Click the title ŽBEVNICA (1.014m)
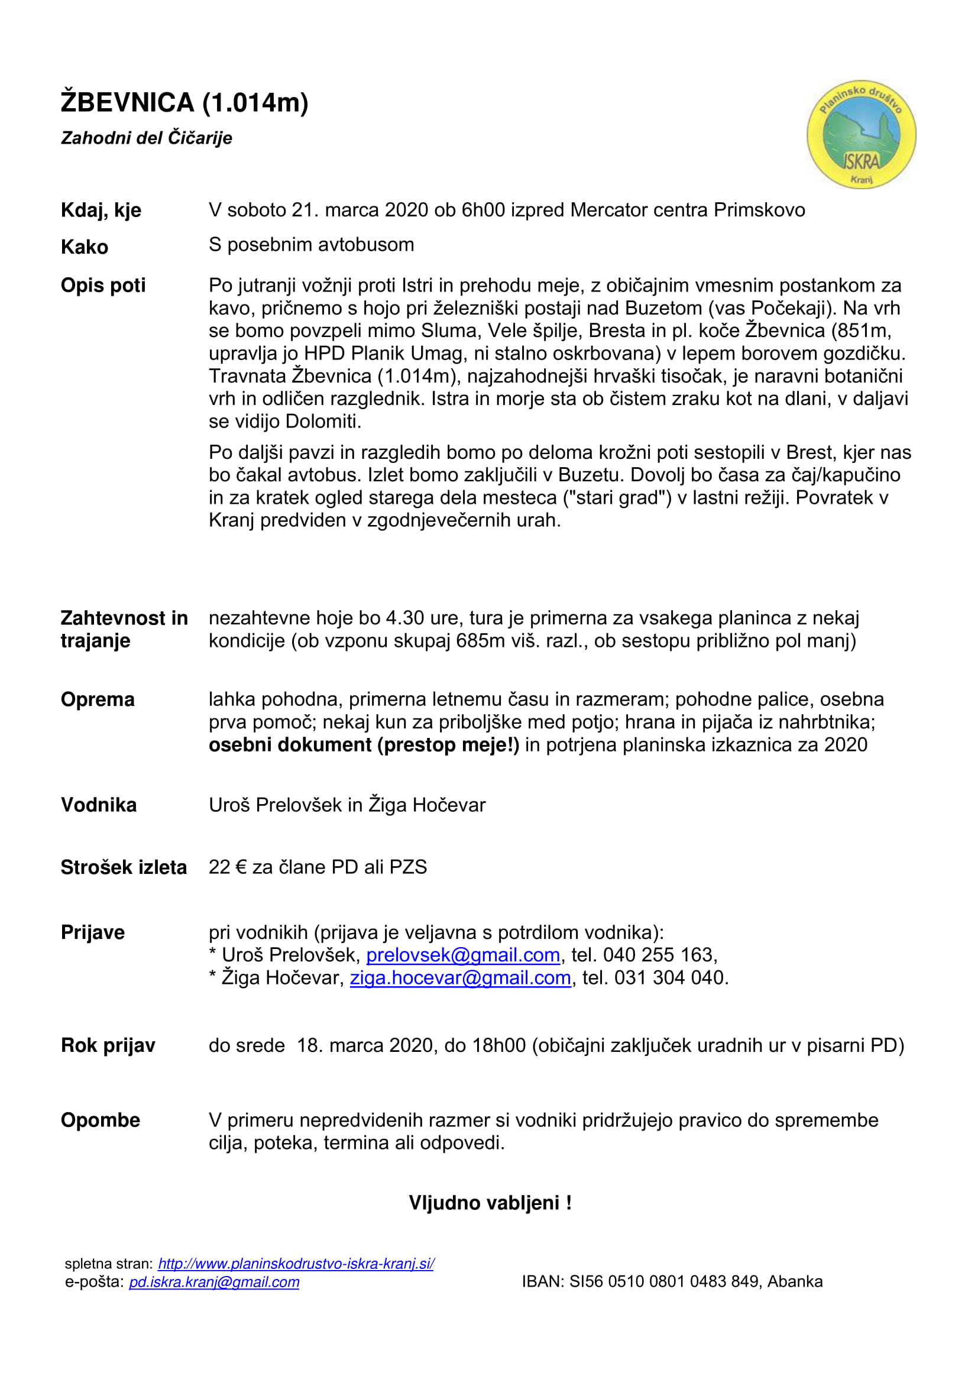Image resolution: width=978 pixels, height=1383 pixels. point(184,102)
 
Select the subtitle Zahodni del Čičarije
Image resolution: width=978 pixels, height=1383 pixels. point(146,138)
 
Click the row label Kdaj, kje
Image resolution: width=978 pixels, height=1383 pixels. point(101,210)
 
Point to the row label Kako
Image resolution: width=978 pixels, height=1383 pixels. point(85,247)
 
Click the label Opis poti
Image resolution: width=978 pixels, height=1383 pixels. point(103,285)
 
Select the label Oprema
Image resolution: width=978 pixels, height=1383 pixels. point(98,699)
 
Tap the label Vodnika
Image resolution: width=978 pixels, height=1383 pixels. point(99,805)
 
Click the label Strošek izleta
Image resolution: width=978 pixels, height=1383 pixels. point(124,867)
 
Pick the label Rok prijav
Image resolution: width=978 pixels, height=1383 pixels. point(108,1045)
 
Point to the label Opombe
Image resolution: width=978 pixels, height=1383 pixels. point(100,1120)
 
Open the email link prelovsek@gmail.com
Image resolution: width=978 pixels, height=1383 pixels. point(462,955)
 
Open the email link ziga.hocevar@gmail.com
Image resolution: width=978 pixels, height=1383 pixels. point(460,977)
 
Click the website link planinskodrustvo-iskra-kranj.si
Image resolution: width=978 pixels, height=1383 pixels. point(296,1264)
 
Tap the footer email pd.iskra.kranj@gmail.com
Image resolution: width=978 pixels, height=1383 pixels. point(214,1281)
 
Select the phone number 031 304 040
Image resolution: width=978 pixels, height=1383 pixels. point(669,977)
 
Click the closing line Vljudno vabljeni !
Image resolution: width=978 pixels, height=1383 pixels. point(490,1203)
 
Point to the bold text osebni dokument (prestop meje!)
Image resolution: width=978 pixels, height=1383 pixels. point(364,745)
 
